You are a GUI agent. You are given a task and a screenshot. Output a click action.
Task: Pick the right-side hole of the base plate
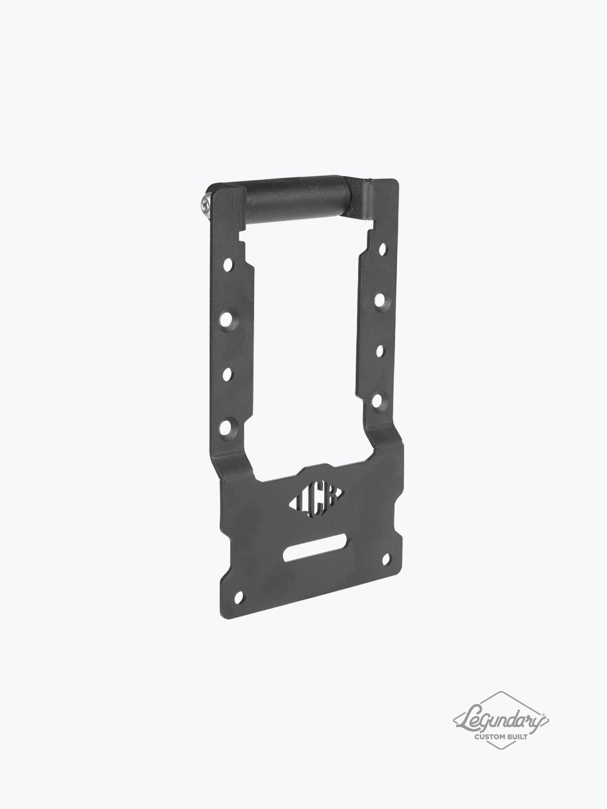coord(387,558)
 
